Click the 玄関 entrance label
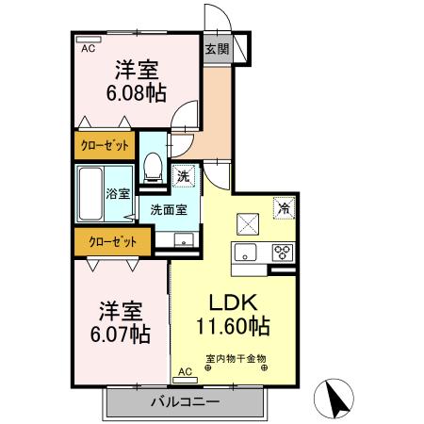click(217, 48)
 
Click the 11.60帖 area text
click(232, 326)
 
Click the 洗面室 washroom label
click(170, 210)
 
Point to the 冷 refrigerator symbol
click(282, 209)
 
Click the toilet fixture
click(154, 168)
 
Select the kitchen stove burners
click(283, 252)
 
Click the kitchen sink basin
click(247, 253)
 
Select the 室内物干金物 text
click(236, 358)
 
